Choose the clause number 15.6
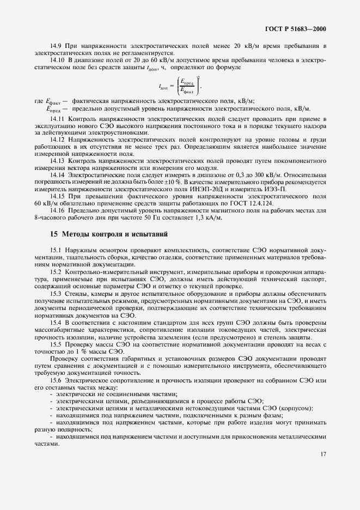click(56, 380)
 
